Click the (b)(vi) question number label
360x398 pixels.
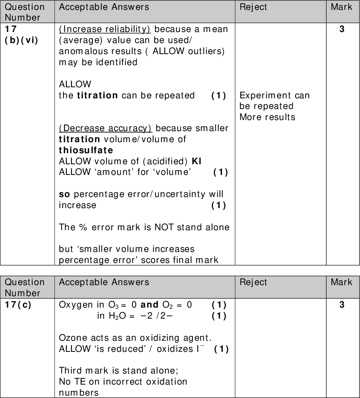(21, 41)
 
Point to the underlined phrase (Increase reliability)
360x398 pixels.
(105, 30)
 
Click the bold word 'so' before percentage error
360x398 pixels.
(64, 194)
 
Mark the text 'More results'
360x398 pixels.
(267, 117)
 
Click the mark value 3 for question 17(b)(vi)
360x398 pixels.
(342, 30)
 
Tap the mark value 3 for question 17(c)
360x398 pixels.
(342, 305)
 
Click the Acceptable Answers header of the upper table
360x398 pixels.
(104, 7)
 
